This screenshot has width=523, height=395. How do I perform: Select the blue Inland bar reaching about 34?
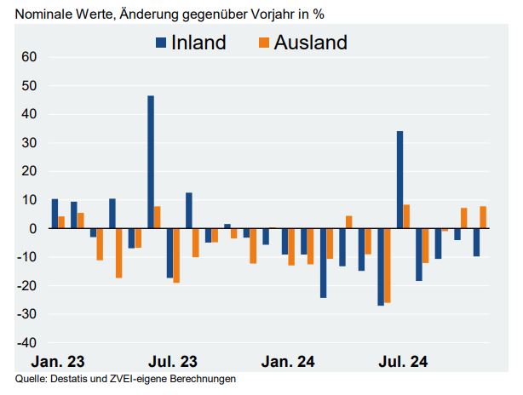[x=399, y=180]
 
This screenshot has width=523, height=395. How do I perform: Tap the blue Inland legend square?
[x=161, y=43]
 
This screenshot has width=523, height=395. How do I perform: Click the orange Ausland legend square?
[x=263, y=43]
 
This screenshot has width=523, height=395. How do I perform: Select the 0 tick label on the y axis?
[x=33, y=229]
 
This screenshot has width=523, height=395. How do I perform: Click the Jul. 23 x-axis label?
[x=173, y=362]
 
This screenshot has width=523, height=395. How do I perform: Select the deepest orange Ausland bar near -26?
[x=388, y=266]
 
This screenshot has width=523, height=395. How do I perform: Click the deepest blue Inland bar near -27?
[x=380, y=267]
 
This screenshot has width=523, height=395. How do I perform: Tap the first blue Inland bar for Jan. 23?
[x=55, y=214]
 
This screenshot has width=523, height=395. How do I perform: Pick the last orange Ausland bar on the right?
[x=483, y=218]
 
